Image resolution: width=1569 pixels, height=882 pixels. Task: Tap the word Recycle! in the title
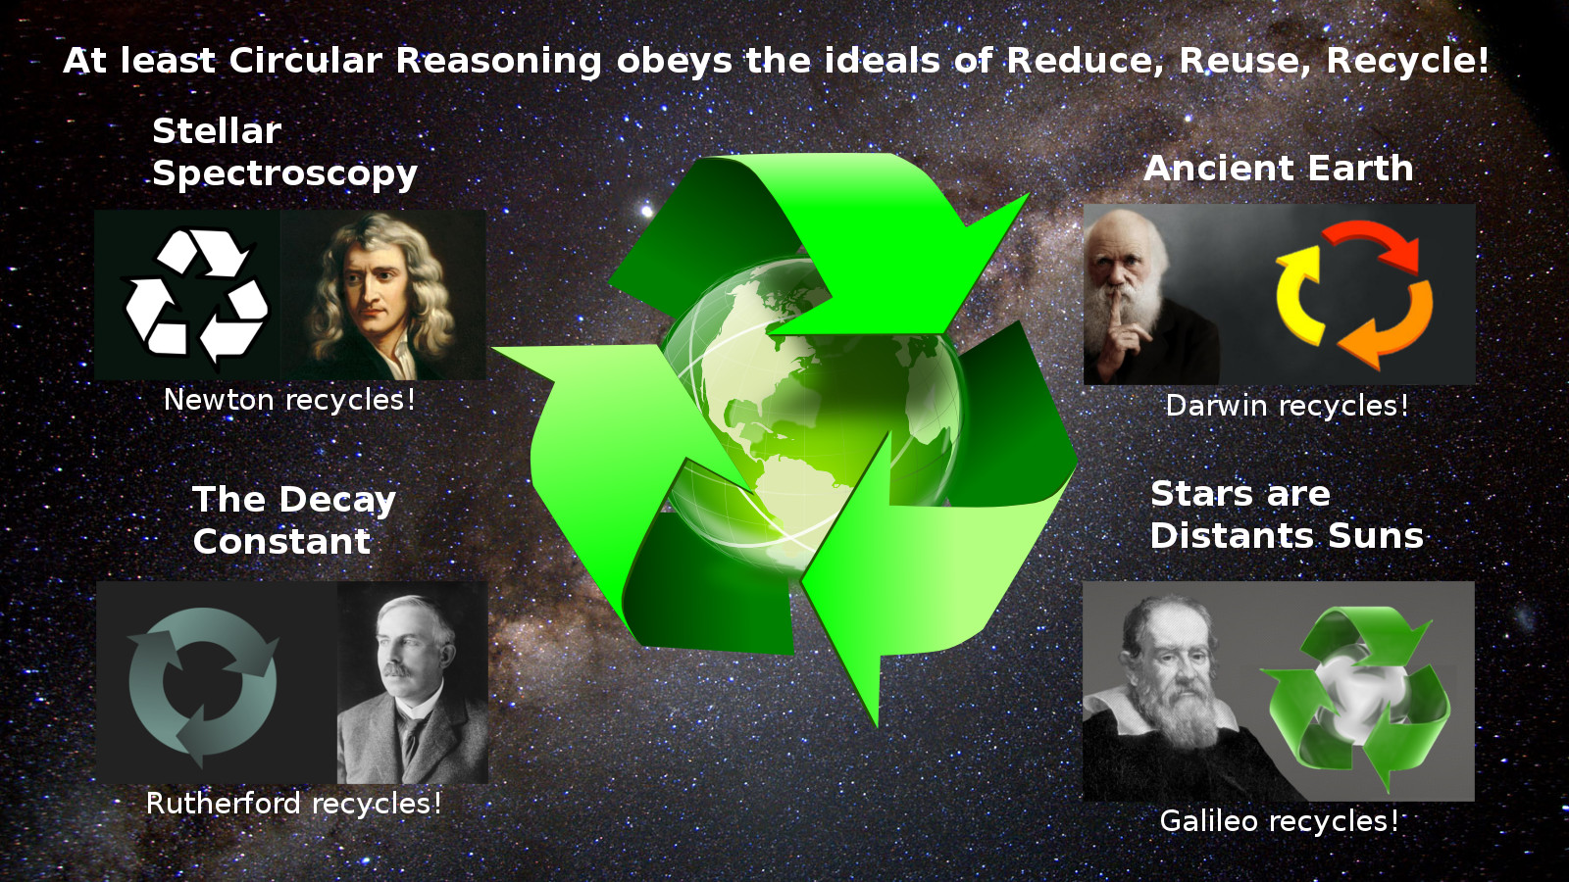coord(1407,61)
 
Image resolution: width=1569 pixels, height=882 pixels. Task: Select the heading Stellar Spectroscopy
coord(284,153)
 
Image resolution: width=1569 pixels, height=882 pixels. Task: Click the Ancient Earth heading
coord(1279,169)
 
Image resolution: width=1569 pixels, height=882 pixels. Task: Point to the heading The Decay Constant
coord(294,520)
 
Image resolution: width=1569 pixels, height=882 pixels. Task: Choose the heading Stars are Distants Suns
coord(1288,514)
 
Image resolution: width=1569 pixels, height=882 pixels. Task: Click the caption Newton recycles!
coord(289,401)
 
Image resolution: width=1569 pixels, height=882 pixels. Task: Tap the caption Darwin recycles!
coord(1287,406)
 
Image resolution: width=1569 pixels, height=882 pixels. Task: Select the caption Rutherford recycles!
coord(294,804)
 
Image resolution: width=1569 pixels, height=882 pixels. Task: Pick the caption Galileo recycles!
coord(1279,821)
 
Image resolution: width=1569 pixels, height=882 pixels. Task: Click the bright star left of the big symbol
coord(646,210)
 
